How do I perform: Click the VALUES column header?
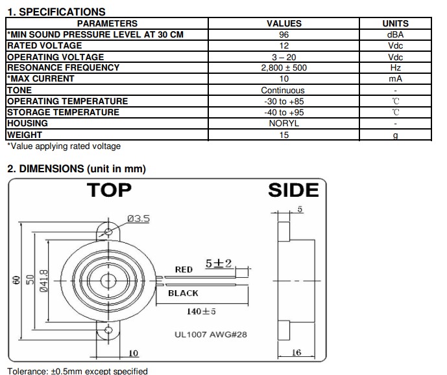(284, 23)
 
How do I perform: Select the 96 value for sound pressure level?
(284, 35)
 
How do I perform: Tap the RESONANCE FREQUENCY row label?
(64, 67)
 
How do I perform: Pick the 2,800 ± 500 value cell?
(284, 68)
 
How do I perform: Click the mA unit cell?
(395, 78)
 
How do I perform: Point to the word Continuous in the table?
(283, 90)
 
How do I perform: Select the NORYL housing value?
(284, 123)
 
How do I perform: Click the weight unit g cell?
(395, 135)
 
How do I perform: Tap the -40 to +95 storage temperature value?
(284, 113)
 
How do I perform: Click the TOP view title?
(109, 190)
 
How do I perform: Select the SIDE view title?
(293, 190)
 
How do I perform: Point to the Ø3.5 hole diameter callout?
(139, 218)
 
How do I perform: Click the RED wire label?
(184, 269)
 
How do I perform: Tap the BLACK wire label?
(183, 293)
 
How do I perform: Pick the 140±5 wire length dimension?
(201, 312)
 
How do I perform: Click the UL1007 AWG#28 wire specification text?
(211, 334)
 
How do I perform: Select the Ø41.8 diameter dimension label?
(43, 281)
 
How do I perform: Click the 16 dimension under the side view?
(296, 352)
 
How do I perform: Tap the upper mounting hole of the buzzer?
(108, 232)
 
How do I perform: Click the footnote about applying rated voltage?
(64, 146)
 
